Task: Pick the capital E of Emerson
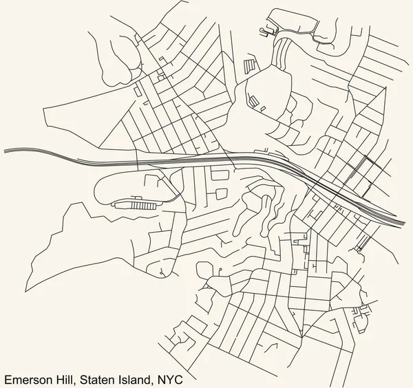pyautogui.click(x=7, y=378)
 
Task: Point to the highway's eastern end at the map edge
pyautogui.click(x=405, y=224)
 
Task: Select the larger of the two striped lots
pyautogui.click(x=248, y=67)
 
